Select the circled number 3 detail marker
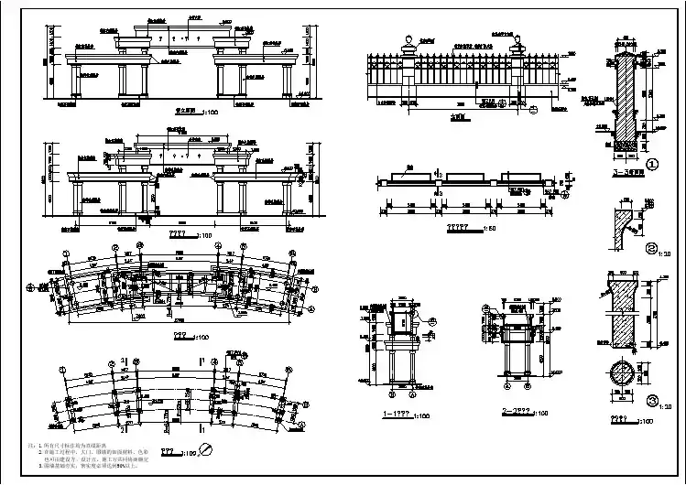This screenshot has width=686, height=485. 651,399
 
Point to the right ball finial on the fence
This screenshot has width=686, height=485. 517,39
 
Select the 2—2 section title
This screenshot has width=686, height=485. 517,413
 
